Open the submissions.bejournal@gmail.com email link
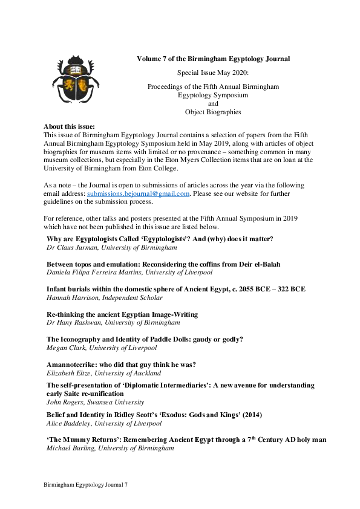point(139,193)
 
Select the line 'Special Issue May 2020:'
point(213,73)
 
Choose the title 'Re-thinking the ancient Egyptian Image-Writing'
point(122,314)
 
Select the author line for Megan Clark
point(102,348)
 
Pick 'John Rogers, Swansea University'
point(95,401)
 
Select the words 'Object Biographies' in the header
point(213,112)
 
